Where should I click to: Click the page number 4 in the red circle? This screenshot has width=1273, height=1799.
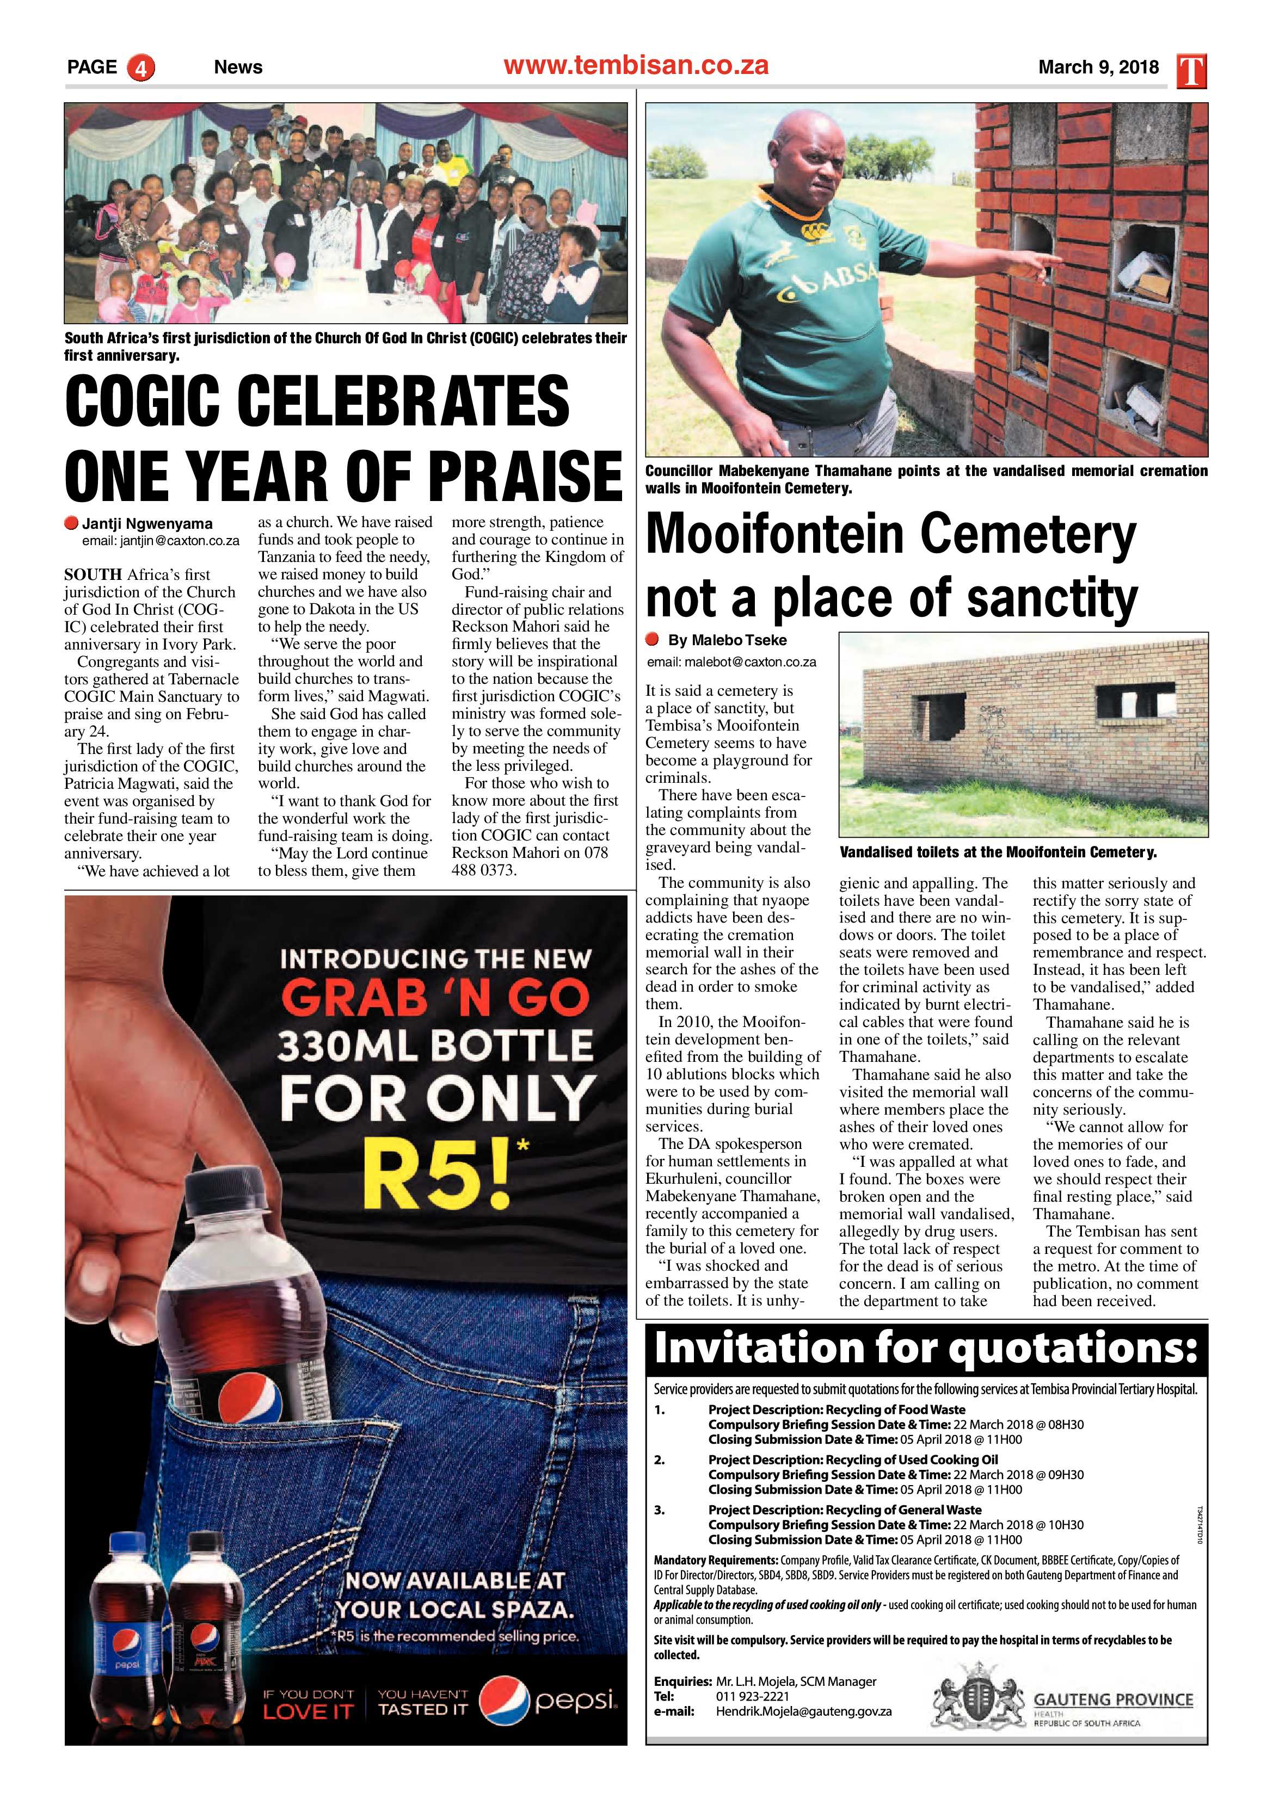point(142,67)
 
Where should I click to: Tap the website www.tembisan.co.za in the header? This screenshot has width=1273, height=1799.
point(636,65)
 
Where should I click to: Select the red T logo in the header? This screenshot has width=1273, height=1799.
point(1191,71)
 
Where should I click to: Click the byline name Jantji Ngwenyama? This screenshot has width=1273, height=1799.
point(147,523)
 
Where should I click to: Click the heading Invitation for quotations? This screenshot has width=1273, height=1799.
point(925,1349)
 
